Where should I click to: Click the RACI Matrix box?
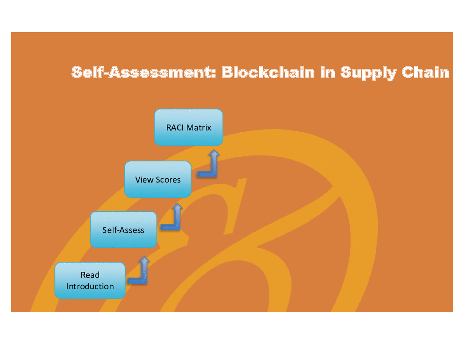pos(189,127)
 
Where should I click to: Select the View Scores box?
pos(158,179)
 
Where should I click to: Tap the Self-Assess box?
pos(123,230)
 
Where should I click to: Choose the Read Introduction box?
pos(90,280)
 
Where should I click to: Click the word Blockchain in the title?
pos(268,72)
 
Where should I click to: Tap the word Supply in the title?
pos(369,73)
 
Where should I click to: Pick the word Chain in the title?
pos(425,72)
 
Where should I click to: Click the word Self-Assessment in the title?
pos(142,72)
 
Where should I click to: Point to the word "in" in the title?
pos(327,72)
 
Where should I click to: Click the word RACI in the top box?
pos(175,128)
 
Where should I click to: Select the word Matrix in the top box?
pos(199,128)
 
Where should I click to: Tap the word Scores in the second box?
pos(168,180)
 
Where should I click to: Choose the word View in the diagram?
pos(144,180)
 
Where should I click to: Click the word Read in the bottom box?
pos(90,275)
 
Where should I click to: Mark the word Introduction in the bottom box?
pos(90,286)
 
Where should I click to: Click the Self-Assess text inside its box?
pos(123,230)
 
